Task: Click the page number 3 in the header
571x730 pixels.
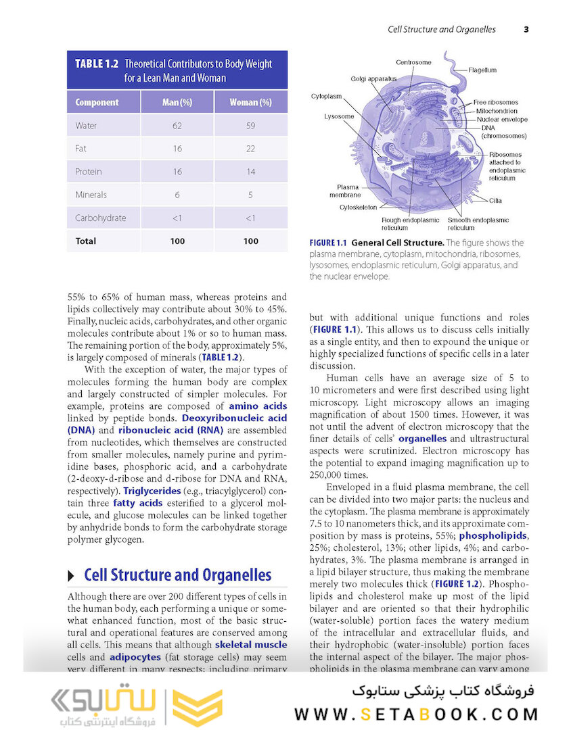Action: (x=526, y=29)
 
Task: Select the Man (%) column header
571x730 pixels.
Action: (x=177, y=103)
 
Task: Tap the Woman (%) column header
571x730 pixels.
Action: (x=250, y=103)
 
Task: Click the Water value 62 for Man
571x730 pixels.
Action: (x=177, y=126)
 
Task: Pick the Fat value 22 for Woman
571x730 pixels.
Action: (x=250, y=149)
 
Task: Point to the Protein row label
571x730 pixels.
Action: (x=89, y=172)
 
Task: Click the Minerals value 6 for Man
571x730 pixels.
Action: (x=177, y=195)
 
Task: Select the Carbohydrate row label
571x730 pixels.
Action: (x=101, y=218)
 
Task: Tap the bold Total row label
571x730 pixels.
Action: (x=86, y=241)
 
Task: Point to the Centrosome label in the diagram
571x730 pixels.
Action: (x=413, y=62)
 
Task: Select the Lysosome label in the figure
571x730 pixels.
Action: (x=338, y=116)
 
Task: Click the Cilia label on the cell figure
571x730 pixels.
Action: (x=495, y=201)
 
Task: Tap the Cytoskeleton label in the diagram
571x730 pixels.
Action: (x=358, y=208)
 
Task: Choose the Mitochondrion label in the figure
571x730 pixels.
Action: (x=497, y=111)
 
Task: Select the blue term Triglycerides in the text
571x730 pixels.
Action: (x=152, y=491)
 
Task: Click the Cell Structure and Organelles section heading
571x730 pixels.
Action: (x=177, y=575)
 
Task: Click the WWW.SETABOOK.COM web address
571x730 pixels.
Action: (x=416, y=714)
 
